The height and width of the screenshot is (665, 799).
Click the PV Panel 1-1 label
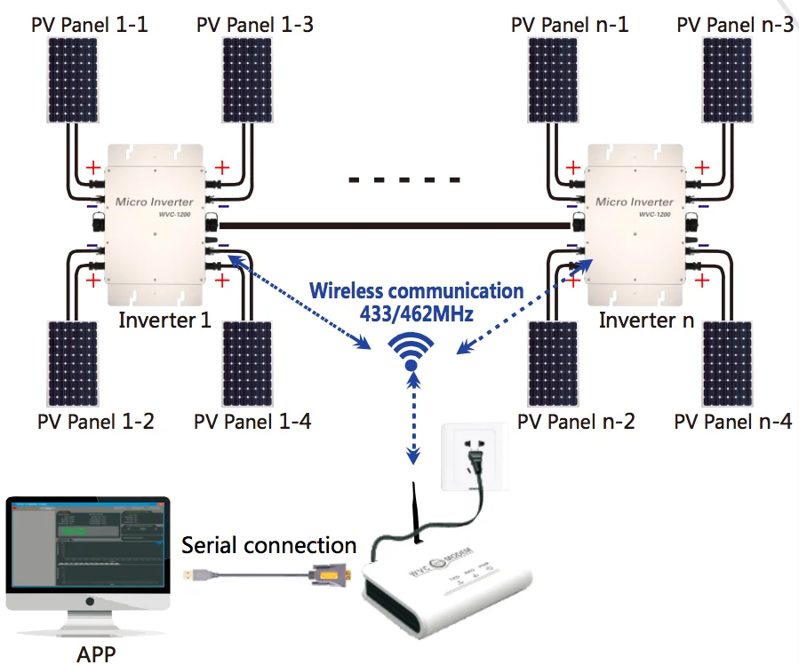pyautogui.click(x=89, y=24)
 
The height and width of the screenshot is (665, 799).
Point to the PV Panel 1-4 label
pyautogui.click(x=252, y=421)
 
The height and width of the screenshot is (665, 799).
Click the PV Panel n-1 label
pyautogui.click(x=570, y=24)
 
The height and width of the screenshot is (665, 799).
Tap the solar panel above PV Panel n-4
pyautogui.click(x=734, y=362)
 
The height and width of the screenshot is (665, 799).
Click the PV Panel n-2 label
pyautogui.click(x=576, y=421)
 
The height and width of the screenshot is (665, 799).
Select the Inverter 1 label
pyautogui.click(x=165, y=320)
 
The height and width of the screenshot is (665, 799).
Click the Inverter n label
pyautogui.click(x=646, y=320)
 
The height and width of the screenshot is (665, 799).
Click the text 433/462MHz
pyautogui.click(x=416, y=313)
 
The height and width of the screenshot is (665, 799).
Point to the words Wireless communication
pyautogui.click(x=416, y=290)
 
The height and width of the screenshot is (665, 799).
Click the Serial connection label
pyautogui.click(x=268, y=545)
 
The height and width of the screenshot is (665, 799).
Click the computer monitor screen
pyautogui.click(x=87, y=547)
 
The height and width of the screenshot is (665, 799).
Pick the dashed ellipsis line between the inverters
pyautogui.click(x=404, y=180)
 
